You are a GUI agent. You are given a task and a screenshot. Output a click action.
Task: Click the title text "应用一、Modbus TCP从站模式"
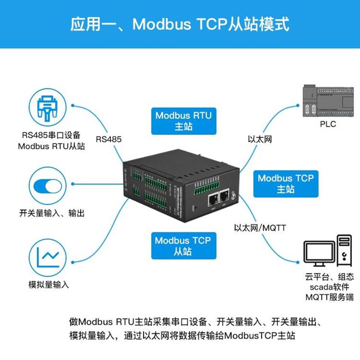pyautogui.click(x=180, y=24)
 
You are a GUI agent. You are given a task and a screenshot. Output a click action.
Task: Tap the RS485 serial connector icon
pyautogui.click(x=47, y=108)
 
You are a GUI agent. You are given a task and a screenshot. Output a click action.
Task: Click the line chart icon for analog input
pyautogui.click(x=47, y=258)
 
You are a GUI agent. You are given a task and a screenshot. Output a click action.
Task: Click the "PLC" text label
pyautogui.click(x=328, y=124)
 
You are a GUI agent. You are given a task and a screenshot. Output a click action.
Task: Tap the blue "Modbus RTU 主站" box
pyautogui.click(x=183, y=121)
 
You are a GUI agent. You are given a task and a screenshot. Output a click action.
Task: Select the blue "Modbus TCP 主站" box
pyautogui.click(x=285, y=183)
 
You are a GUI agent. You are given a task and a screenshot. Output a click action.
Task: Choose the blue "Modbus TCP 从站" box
pyautogui.click(x=182, y=245)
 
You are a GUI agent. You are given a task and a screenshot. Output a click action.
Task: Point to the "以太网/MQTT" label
pyautogui.click(x=260, y=228)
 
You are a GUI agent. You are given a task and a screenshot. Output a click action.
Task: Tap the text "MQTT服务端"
pyautogui.click(x=329, y=298)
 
